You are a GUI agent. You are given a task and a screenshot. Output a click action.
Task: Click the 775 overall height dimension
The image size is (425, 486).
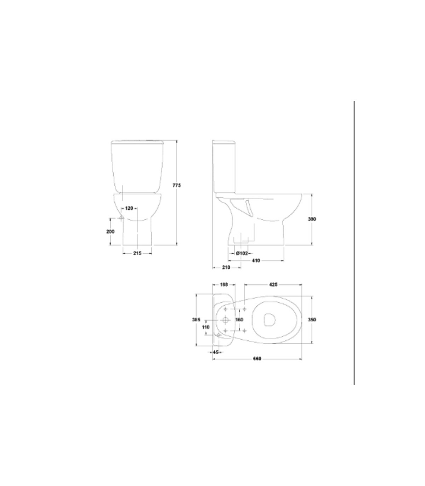click(176, 185)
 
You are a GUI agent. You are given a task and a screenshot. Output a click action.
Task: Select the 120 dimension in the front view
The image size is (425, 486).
click(129, 208)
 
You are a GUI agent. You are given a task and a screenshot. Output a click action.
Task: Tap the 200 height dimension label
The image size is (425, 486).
click(110, 231)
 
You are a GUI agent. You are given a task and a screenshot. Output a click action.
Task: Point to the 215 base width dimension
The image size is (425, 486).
click(137, 253)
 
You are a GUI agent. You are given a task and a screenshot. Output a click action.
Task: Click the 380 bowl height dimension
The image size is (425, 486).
click(312, 219)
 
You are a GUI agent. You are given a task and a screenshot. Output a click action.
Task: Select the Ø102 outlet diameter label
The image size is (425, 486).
click(242, 253)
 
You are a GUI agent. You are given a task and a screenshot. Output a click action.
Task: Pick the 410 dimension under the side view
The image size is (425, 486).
click(256, 261)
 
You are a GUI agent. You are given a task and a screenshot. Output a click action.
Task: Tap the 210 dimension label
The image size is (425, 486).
click(226, 267)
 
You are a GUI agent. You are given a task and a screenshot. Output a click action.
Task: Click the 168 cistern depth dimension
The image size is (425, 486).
click(224, 284)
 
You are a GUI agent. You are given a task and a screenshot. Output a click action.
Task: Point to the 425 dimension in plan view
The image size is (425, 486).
click(273, 284)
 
